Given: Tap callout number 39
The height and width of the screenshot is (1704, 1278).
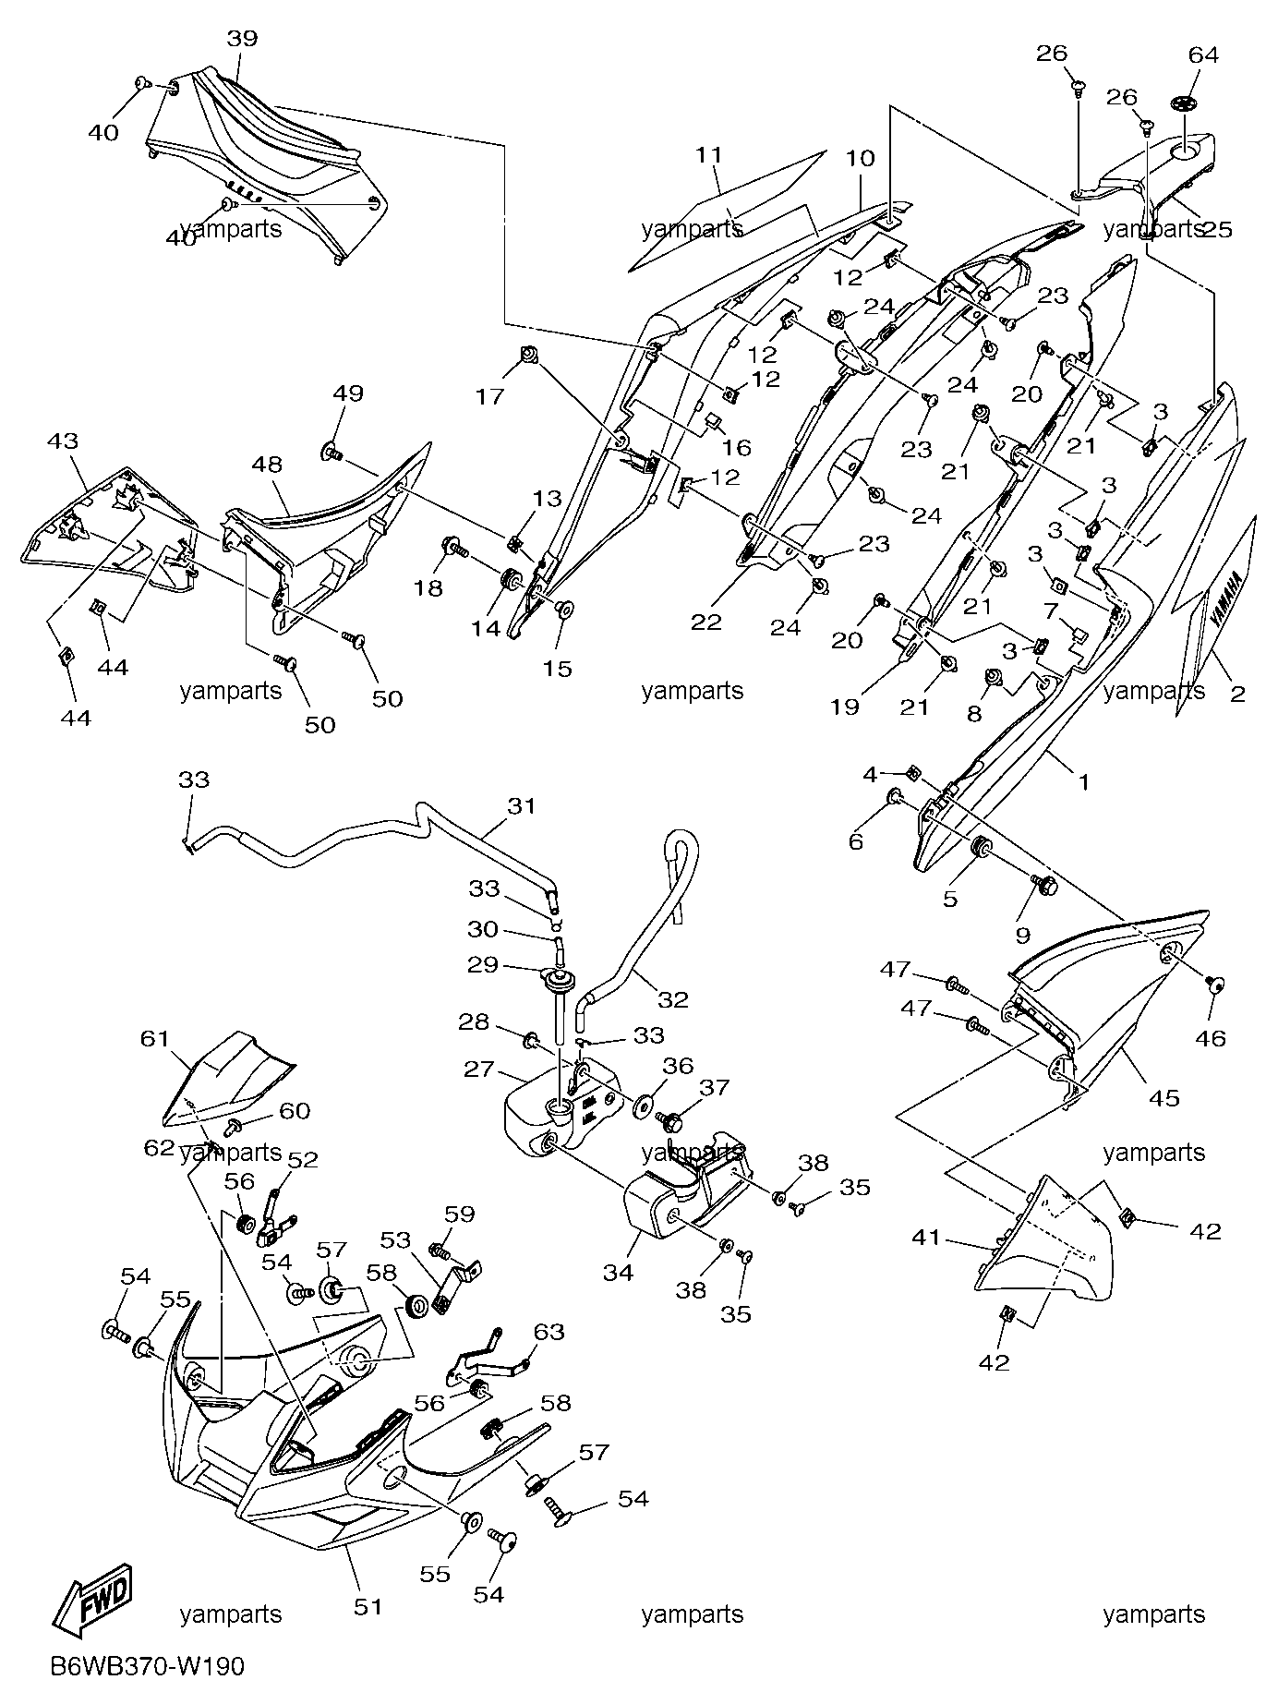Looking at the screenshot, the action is (x=243, y=39).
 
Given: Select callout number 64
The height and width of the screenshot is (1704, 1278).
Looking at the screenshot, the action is (x=1203, y=55).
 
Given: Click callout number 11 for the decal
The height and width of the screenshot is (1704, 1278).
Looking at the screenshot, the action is (x=708, y=155).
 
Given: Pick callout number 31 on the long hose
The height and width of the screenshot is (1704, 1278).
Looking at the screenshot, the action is (x=521, y=806).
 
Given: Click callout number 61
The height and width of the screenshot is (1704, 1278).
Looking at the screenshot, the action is (x=156, y=1039).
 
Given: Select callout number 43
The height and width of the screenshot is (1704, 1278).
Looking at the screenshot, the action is (x=64, y=442).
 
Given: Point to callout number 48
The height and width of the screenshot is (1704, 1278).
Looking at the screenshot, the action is (x=267, y=464).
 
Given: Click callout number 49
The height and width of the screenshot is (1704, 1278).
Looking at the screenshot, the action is (x=348, y=393).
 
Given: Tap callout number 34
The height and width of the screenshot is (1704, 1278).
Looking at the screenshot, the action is (x=618, y=1273).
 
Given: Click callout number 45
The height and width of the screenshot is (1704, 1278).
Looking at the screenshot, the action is (x=1164, y=1098).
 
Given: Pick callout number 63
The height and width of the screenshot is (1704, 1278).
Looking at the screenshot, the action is (x=549, y=1332).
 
